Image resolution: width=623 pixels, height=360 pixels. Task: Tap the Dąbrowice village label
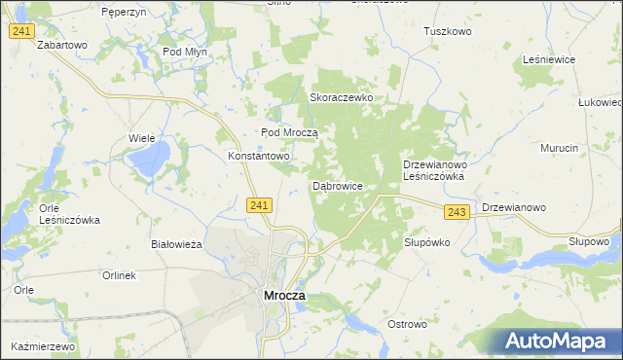pyautogui.click(x=338, y=185)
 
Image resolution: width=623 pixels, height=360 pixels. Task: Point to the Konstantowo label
pyautogui.click(x=259, y=156)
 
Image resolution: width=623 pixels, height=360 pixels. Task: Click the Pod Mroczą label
pyautogui.click(x=290, y=132)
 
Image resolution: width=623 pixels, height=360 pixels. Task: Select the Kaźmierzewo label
pyautogui.click(x=43, y=346)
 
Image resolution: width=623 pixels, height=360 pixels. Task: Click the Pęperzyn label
pyautogui.click(x=123, y=11)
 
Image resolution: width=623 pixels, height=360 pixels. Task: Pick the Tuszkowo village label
pyautogui.click(x=447, y=31)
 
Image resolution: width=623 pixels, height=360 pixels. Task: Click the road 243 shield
pyautogui.click(x=458, y=211)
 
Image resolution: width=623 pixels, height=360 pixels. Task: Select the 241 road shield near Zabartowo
pyautogui.click(x=21, y=31)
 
